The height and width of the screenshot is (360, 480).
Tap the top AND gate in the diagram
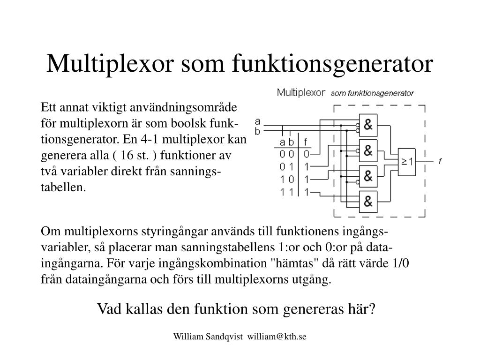pyautogui.click(x=368, y=124)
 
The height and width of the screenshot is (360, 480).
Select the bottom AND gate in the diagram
pyautogui.click(x=368, y=202)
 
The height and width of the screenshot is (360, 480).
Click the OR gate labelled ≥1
pyautogui.click(x=406, y=162)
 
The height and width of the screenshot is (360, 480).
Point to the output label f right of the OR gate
pyautogui.click(x=440, y=162)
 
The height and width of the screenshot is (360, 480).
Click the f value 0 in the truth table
pyautogui.click(x=306, y=154)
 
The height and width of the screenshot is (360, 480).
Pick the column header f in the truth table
pyautogui.click(x=306, y=142)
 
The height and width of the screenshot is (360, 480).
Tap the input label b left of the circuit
pyautogui.click(x=257, y=131)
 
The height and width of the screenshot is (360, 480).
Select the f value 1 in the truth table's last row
pyautogui.click(x=306, y=192)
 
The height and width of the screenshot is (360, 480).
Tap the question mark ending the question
pyautogui.click(x=373, y=309)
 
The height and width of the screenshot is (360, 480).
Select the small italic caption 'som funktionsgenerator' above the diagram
pyautogui.click(x=372, y=93)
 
